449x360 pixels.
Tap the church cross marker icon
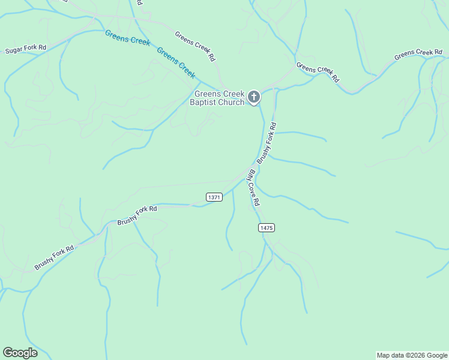click(x=254, y=97)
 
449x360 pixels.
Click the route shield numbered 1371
click(x=214, y=197)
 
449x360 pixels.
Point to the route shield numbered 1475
click(x=267, y=227)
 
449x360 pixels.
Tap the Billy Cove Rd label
click(x=254, y=187)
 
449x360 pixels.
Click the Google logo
click(x=20, y=353)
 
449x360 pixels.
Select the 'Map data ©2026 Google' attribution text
click(x=412, y=355)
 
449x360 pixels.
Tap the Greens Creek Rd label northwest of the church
click(x=195, y=46)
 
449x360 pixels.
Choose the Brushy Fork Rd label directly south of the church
click(x=266, y=143)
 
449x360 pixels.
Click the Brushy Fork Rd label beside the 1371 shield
click(x=137, y=215)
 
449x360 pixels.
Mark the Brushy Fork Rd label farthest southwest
click(x=54, y=257)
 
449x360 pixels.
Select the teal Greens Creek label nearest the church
click(x=176, y=62)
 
